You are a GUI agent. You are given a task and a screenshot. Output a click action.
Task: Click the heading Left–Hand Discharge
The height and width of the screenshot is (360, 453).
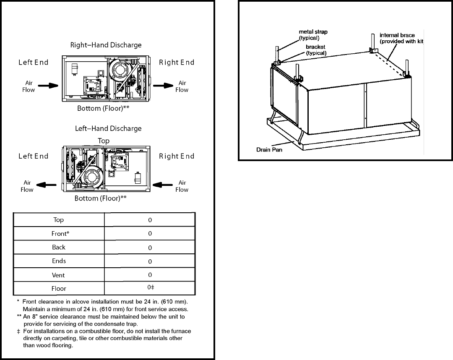tap(109, 128)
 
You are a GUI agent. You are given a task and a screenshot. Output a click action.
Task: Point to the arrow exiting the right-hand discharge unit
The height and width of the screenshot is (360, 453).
tap(162, 86)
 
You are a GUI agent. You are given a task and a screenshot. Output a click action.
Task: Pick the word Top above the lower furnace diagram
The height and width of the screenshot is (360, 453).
tap(104, 141)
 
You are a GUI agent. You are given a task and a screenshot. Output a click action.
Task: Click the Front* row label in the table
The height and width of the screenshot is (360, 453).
tap(59, 234)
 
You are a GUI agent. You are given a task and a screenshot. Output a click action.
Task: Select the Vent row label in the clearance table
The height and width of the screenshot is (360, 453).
tap(59, 275)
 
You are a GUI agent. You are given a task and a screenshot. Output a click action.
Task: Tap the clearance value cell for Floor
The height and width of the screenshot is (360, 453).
tap(150, 288)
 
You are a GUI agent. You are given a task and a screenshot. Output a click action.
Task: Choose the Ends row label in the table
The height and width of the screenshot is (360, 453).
tap(59, 261)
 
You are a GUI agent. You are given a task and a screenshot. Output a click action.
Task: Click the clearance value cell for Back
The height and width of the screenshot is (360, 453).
tap(150, 248)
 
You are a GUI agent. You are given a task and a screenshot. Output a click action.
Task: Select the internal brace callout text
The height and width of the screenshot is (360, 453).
tap(402, 38)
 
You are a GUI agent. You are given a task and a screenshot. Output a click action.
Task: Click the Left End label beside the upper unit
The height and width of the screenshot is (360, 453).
tap(34, 63)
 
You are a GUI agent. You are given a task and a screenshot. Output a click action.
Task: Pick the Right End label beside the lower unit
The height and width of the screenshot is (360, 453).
tap(177, 156)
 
